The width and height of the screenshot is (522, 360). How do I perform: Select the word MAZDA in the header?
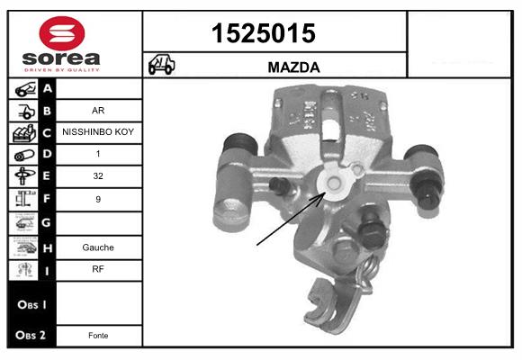293,67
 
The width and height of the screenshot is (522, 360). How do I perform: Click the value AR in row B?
99,112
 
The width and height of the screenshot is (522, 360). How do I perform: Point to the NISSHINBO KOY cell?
99,132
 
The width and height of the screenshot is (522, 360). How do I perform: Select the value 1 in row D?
99,154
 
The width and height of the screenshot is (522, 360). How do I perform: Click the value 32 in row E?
99,176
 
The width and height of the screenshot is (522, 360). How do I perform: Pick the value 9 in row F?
99,198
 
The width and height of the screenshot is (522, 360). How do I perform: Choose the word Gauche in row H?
99,246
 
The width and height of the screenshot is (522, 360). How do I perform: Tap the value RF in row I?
99,268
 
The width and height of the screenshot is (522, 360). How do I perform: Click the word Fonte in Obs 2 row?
99,335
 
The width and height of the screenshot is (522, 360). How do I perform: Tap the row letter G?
47,221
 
